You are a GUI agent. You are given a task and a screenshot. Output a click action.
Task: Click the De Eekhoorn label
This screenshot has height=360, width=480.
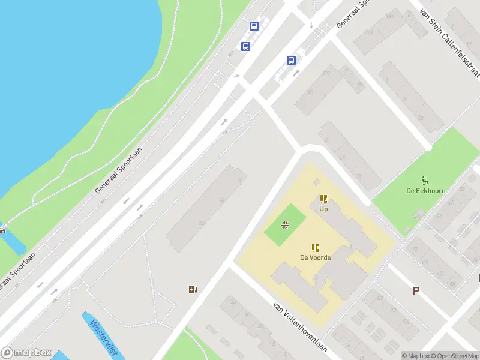[x=425, y=191]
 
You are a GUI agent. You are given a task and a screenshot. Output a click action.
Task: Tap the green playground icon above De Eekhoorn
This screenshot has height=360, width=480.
[x=425, y=180]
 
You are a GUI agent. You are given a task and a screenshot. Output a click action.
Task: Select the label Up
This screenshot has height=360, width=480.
[x=323, y=209]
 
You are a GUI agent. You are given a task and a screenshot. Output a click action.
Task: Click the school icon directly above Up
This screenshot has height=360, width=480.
[x=323, y=199]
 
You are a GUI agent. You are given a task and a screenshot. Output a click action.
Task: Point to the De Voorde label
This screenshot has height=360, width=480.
[x=316, y=257]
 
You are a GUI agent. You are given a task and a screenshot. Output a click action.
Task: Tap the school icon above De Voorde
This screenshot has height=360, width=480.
[x=315, y=247]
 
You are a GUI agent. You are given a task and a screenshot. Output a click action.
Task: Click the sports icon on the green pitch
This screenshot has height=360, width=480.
[x=285, y=226]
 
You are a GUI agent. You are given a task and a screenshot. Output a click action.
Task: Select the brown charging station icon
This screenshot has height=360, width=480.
[x=193, y=290]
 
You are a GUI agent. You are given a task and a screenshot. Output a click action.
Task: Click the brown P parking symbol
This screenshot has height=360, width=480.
[x=415, y=291]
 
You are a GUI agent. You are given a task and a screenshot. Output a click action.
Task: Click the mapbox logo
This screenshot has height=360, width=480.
[x=26, y=353]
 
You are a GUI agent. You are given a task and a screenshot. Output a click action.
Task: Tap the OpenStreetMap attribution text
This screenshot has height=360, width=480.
[x=456, y=356]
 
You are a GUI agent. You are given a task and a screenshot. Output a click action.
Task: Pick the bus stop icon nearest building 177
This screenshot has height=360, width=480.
[x=291, y=60]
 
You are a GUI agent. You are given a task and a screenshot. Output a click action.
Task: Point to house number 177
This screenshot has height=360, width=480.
[x=326, y=73]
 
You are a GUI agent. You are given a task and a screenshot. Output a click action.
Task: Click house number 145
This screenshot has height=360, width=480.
[x=391, y=16]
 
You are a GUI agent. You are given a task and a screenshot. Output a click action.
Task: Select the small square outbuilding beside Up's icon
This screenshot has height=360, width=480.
[x=316, y=182]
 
